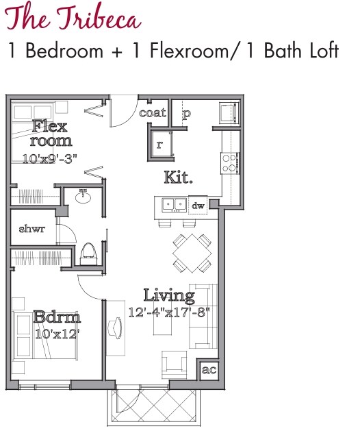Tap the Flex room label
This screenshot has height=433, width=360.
[x=51, y=134]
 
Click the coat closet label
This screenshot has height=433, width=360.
[x=152, y=112]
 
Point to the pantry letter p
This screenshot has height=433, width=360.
[x=185, y=114]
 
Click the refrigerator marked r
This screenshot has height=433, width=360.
[x=159, y=145]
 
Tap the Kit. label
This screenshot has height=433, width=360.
[x=178, y=177]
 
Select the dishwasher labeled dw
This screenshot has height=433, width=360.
[x=198, y=205]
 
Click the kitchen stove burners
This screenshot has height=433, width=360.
[x=230, y=162]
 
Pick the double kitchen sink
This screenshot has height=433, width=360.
[x=174, y=204]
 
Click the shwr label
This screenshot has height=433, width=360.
[x=32, y=229]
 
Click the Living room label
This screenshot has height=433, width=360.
[x=168, y=296]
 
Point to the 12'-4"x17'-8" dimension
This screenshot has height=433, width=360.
[x=169, y=312]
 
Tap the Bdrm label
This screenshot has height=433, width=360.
[x=57, y=318]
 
